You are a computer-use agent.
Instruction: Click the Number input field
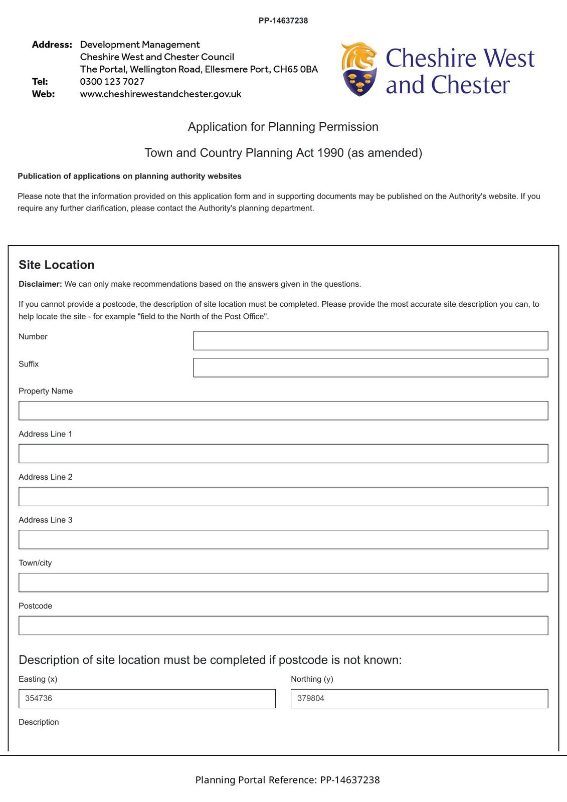370,340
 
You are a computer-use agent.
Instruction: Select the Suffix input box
370,367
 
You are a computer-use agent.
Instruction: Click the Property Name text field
283,411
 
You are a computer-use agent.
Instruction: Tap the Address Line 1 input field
283,454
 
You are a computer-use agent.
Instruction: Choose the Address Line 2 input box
283,496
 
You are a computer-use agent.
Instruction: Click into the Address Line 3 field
283,539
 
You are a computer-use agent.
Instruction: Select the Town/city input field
283,582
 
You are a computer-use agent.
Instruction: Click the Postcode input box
283,626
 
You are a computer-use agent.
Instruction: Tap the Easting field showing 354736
147,699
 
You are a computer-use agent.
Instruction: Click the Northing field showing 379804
419,699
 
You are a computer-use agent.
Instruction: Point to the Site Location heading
57,265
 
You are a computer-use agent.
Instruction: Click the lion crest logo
359,69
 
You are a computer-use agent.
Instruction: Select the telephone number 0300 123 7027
112,82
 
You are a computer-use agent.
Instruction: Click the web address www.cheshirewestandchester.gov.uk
160,94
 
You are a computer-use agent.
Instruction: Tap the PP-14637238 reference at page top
283,21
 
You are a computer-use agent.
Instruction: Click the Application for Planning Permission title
283,127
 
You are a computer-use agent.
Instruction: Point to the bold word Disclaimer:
40,284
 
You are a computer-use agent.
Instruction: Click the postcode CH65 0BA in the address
295,69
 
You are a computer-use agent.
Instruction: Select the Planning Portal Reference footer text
287,780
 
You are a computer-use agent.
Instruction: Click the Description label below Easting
39,722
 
